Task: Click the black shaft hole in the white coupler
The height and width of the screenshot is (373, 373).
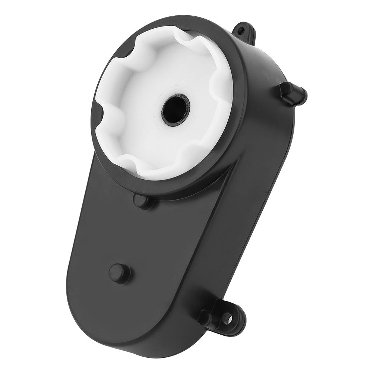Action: click(176, 110)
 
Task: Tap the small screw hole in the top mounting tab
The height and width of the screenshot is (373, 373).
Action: click(242, 30)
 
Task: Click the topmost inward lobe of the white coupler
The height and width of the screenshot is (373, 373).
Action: click(183, 37)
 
